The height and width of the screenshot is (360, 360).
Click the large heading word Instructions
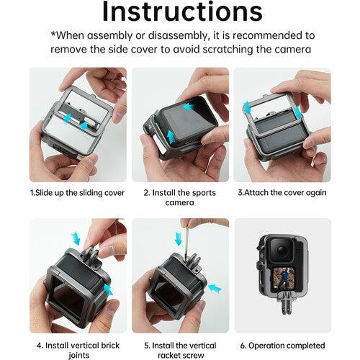pos(182,12)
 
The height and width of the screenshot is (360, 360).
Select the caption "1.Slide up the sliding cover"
pos(77,193)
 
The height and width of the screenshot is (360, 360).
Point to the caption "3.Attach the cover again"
pos(282,193)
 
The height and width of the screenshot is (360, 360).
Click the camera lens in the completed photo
pos(282,251)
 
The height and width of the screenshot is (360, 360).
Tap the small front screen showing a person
pos(283,279)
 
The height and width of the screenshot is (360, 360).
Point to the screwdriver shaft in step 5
pos(186,243)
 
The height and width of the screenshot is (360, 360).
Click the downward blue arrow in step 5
pos(179,238)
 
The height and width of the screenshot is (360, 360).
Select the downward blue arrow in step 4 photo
pos(76,238)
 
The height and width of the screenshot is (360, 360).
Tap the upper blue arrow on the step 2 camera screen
pos(189,107)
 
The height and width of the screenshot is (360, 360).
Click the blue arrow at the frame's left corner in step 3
pos(246,107)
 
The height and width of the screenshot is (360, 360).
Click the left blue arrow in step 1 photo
pos(67,120)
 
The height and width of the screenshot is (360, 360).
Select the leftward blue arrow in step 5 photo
pos(215,288)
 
